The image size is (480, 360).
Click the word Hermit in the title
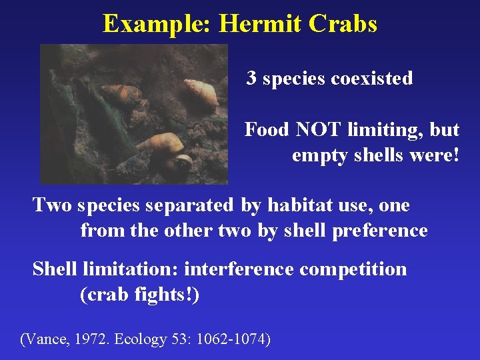click(261, 24)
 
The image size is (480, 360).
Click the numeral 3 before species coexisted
click(251, 79)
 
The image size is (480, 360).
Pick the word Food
click(265, 129)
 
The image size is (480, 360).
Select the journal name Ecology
click(141, 339)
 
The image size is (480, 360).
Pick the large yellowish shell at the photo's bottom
click(161, 143)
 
